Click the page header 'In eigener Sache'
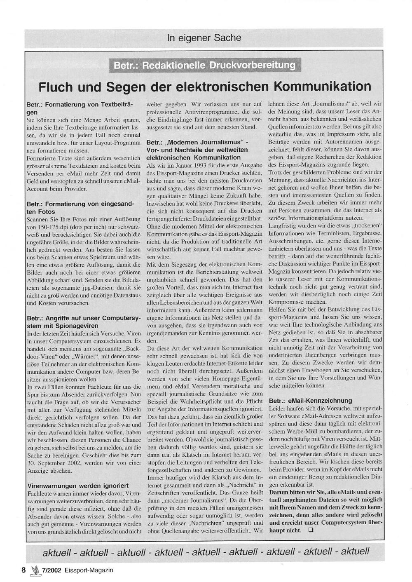pyautogui.click(x=204, y=38)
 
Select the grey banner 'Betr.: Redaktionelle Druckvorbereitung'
pyautogui.click(x=205, y=66)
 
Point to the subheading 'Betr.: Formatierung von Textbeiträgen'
pyautogui.click(x=80, y=108)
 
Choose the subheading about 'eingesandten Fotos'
pyautogui.click(x=80, y=207)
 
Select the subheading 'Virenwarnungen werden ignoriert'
pyautogui.click(x=77, y=486)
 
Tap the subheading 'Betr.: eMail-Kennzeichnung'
pyautogui.click(x=310, y=400)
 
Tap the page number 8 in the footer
pyautogui.click(x=23, y=570)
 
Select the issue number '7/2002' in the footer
pyautogui.click(x=51, y=570)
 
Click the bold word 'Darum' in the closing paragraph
pyautogui.click(x=279, y=492)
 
